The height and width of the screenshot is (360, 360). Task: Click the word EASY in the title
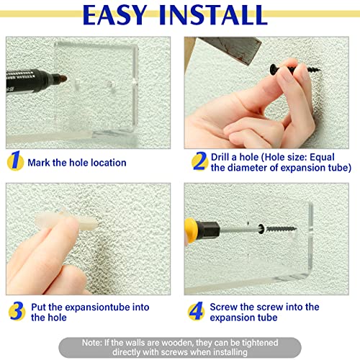pyautogui.click(x=114, y=15)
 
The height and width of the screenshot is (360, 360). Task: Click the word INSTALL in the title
pyautogui.click(x=213, y=15)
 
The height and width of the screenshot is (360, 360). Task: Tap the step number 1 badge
pyautogui.click(x=15, y=161)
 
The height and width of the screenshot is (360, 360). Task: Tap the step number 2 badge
pyautogui.click(x=200, y=161)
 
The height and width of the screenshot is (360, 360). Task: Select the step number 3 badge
pyautogui.click(x=17, y=311)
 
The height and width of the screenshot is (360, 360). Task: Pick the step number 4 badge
pyautogui.click(x=197, y=311)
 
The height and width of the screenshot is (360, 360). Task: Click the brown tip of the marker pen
pyautogui.click(x=63, y=78)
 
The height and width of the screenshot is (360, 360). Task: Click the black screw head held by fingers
pyautogui.click(x=274, y=69)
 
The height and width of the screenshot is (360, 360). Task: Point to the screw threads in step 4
pyautogui.click(x=282, y=229)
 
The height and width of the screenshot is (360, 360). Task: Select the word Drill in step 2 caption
pyautogui.click(x=220, y=157)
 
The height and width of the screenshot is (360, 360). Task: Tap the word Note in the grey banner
pyautogui.click(x=92, y=343)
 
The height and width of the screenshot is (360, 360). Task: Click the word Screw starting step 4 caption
pyautogui.click(x=224, y=307)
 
